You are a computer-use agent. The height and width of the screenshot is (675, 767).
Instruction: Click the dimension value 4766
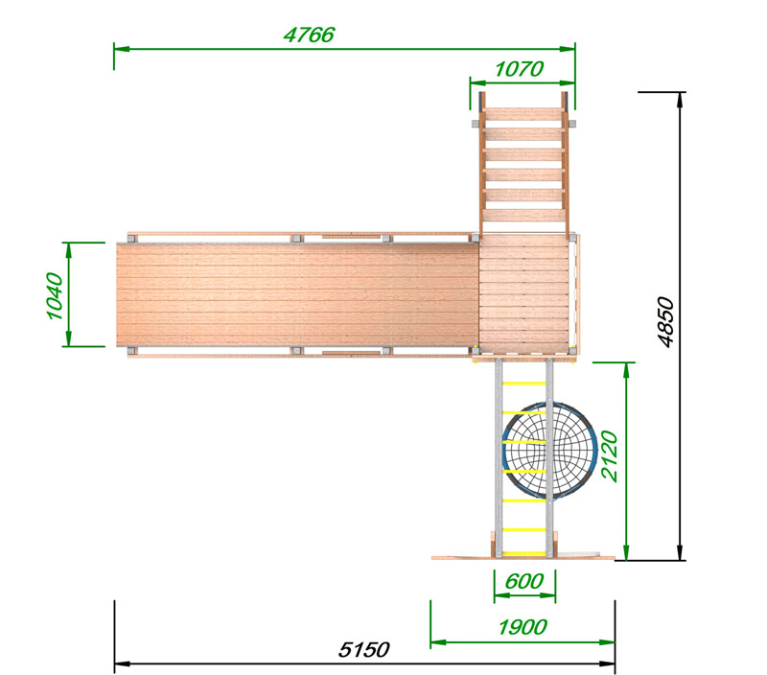point(309,35)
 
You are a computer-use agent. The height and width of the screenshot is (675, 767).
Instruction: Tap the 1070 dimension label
point(519,69)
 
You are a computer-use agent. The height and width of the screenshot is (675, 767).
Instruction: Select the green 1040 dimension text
point(55,296)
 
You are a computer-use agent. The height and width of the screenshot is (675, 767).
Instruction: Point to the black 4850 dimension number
point(665,322)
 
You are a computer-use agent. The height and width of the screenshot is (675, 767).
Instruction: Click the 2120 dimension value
point(610,455)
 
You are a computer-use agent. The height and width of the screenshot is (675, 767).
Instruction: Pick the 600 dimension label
point(523,581)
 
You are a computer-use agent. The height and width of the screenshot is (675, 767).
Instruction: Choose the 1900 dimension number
point(523,626)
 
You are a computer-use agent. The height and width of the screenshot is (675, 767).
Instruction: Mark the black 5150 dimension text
point(364,649)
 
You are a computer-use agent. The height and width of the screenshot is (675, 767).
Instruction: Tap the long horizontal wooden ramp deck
point(297,295)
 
